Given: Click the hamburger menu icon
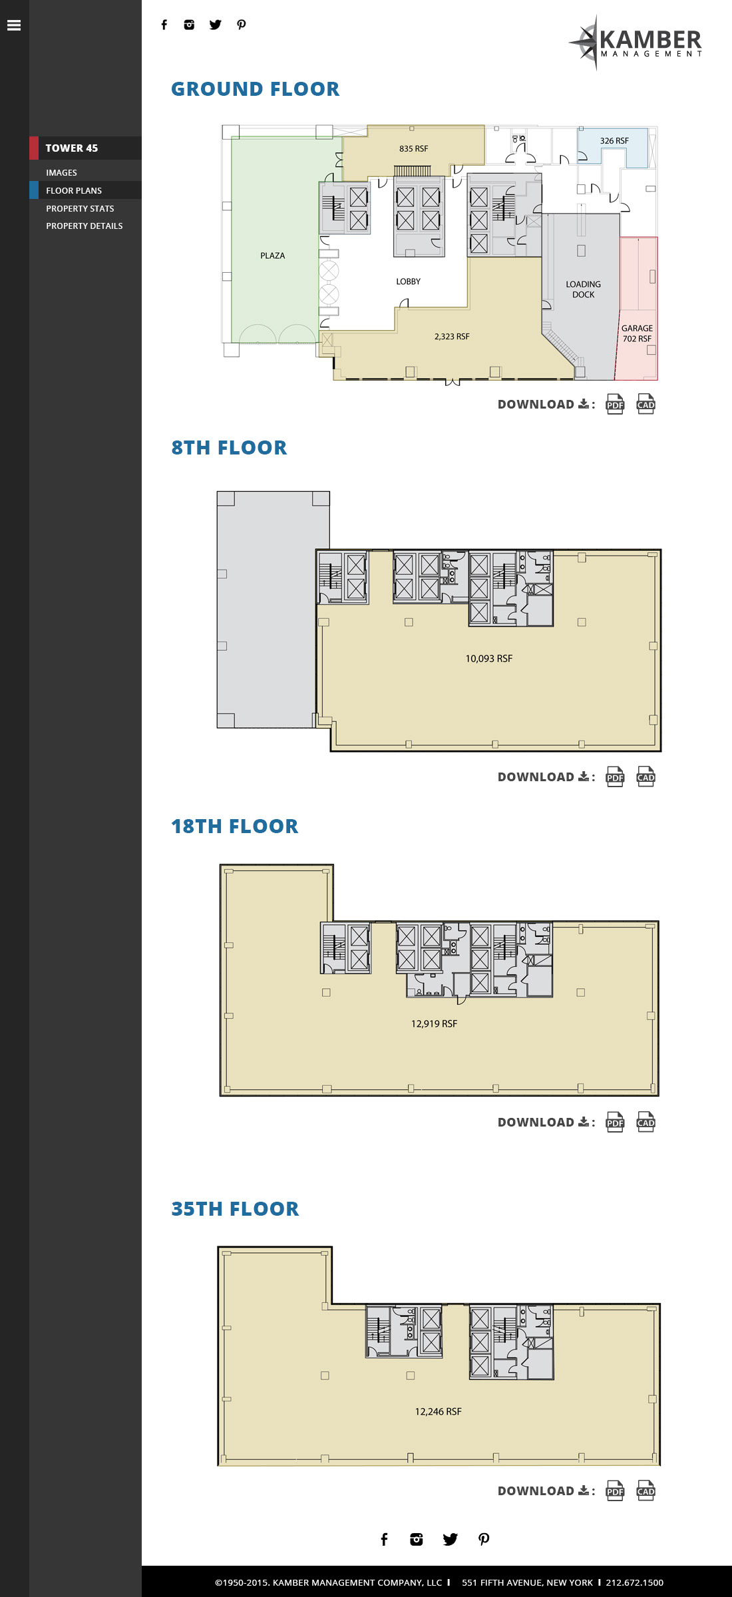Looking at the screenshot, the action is pos(14,25).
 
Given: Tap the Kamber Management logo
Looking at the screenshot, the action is pos(636,43).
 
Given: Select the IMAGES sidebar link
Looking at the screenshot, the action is pos(61,173).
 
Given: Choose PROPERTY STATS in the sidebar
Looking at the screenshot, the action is pos(80,209).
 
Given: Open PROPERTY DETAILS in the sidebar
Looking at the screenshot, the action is pos(85,226).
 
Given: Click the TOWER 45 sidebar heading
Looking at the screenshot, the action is pos(72,148).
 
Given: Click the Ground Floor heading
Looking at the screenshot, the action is pos(256,89).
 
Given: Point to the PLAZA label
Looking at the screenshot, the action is pos(273,256).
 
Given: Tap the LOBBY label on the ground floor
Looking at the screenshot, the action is pos(409,281).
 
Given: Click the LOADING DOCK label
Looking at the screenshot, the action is pos(584,289).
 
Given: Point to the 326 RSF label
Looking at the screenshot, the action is pos(614,141).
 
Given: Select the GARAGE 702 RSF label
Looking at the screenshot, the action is pos(637,333).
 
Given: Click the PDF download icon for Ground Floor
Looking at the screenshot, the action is pos(615,404).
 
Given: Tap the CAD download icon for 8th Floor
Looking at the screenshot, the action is pos(645,777).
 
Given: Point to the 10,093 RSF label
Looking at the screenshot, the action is pos(489,659).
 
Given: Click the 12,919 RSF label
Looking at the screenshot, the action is pos(435,1024).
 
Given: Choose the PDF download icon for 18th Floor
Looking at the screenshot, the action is pos(615,1122).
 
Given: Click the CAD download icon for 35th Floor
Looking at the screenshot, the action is pos(645,1491).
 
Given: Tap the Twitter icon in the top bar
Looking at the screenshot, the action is pos(216,25).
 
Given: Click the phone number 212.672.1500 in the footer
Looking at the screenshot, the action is pos(634,1582).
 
